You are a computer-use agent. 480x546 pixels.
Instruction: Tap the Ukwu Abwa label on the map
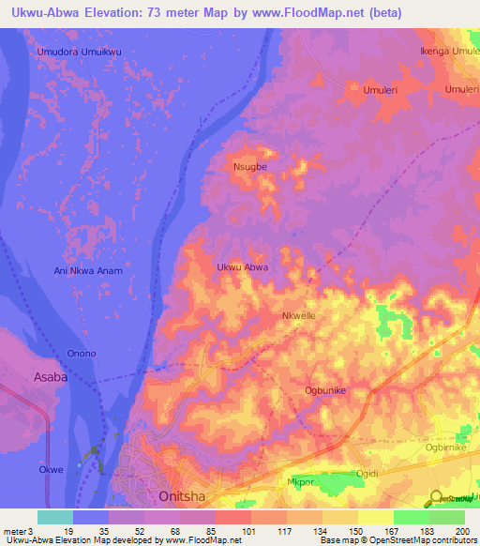(243, 267)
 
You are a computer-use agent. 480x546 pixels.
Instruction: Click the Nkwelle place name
(299, 316)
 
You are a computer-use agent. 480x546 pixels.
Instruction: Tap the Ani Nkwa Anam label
(89, 270)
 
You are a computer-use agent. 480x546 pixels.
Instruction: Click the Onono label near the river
(81, 354)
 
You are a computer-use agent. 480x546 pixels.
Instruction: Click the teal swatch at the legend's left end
(54, 517)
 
